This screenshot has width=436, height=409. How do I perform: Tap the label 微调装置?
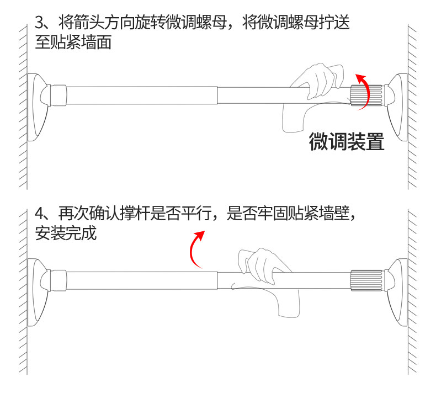[x=346, y=141]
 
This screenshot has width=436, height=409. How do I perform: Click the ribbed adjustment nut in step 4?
[x=366, y=280]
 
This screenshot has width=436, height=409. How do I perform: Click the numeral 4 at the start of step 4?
[x=39, y=213]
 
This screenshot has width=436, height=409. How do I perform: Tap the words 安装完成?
[x=66, y=233]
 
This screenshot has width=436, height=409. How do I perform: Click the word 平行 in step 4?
[x=193, y=213]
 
